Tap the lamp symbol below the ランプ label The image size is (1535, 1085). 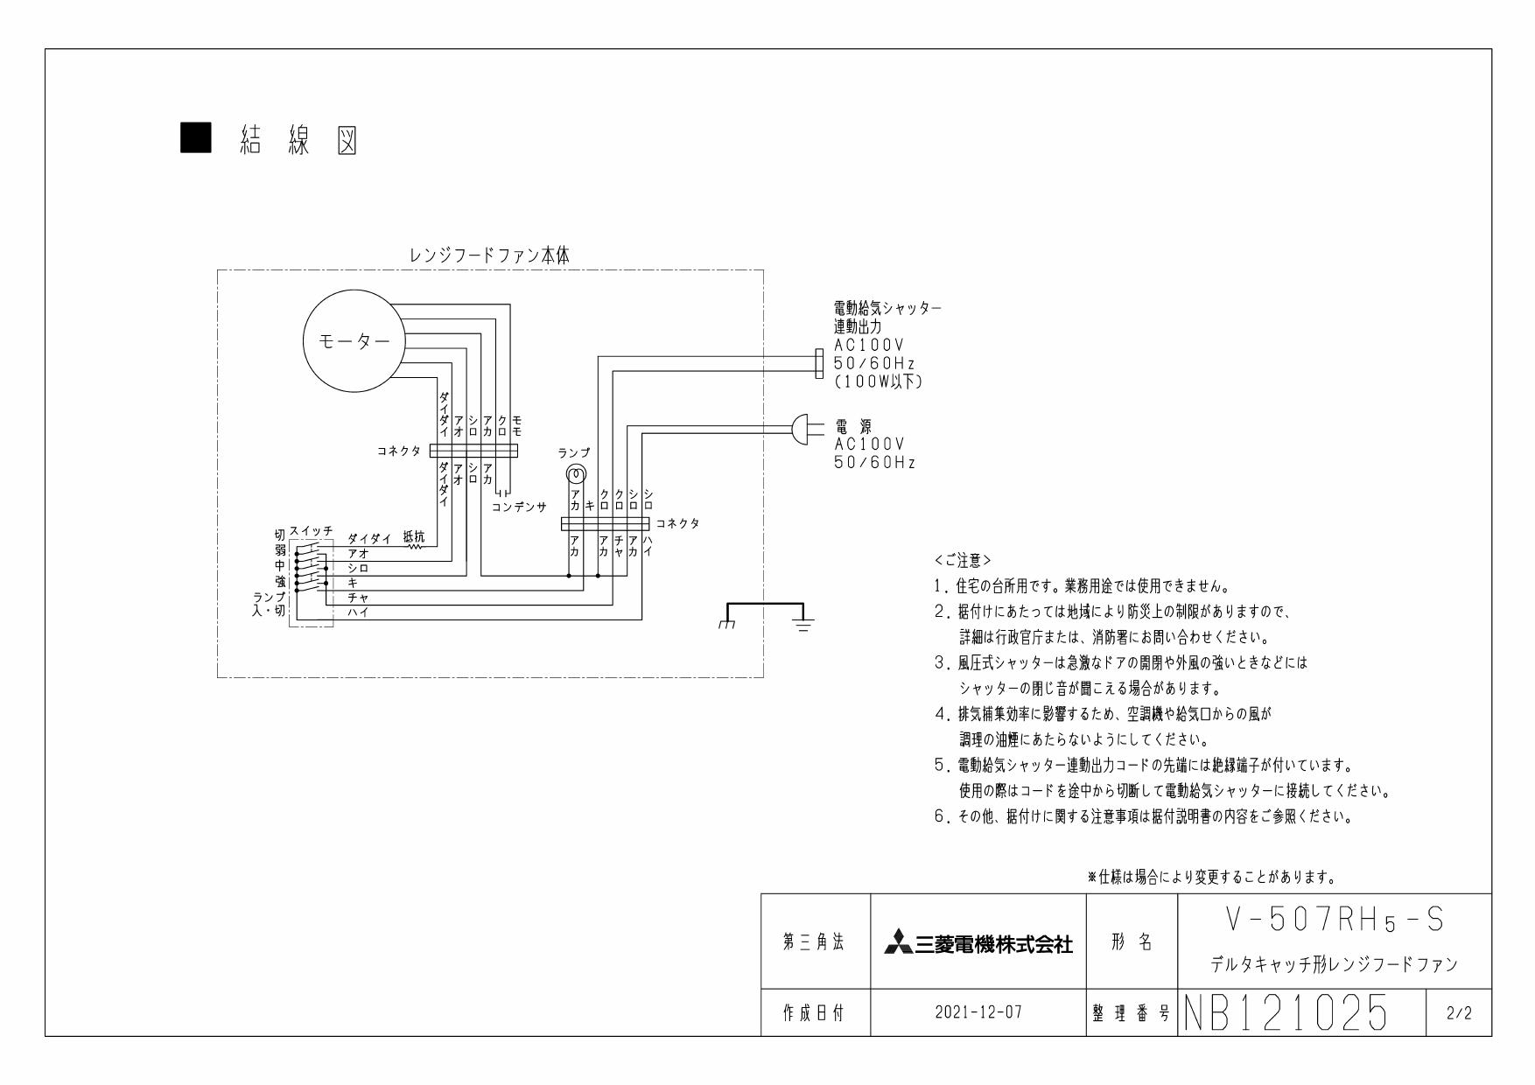(x=575, y=475)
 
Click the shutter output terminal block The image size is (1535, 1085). (x=818, y=364)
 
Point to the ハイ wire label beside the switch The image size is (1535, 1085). (x=358, y=612)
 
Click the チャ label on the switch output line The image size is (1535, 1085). (x=358, y=598)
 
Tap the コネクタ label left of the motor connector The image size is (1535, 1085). (x=398, y=451)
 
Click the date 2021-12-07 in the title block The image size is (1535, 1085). (x=978, y=1012)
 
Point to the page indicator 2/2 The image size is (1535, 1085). (x=1459, y=1013)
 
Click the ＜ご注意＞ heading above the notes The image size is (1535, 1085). (x=963, y=559)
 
